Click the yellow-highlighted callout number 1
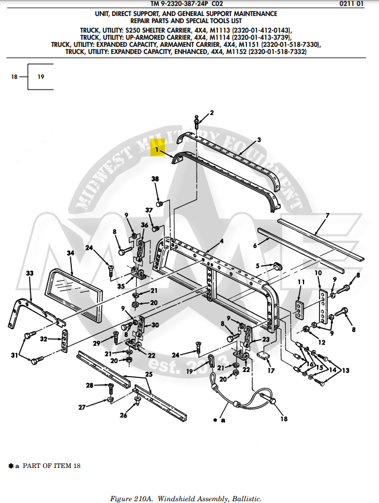click(x=157, y=151)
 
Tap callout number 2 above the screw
click(x=211, y=113)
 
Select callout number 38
click(x=155, y=179)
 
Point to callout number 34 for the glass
click(x=70, y=253)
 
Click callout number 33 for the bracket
click(x=30, y=273)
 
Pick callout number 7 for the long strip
click(x=326, y=217)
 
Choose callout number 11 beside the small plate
click(x=301, y=282)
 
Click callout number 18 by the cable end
click(x=284, y=419)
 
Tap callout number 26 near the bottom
click(x=124, y=415)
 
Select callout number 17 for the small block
click(x=271, y=371)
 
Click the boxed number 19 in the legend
click(x=41, y=77)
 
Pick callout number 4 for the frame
click(x=221, y=241)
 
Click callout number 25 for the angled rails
click(x=149, y=374)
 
